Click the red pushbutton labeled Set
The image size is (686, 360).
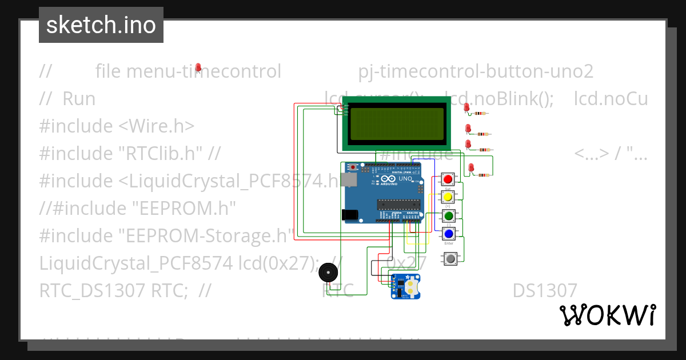tap(448, 179)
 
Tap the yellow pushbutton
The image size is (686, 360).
tap(448, 197)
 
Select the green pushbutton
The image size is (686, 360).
tap(448, 216)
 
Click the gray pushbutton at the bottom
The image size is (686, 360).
tap(451, 258)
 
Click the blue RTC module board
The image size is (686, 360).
tap(405, 286)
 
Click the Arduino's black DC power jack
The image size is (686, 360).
tap(349, 214)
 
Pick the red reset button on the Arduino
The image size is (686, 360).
tap(353, 167)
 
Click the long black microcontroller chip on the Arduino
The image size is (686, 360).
tap(398, 204)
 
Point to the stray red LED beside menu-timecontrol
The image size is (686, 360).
tap(198, 68)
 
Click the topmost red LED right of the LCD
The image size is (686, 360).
tap(466, 107)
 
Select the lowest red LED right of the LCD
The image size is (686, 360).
tap(471, 167)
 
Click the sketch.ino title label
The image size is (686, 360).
tap(101, 25)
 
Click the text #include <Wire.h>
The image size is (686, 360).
tap(117, 126)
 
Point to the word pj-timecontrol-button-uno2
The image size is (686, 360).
tap(476, 71)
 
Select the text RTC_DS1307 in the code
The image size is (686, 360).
tap(92, 290)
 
